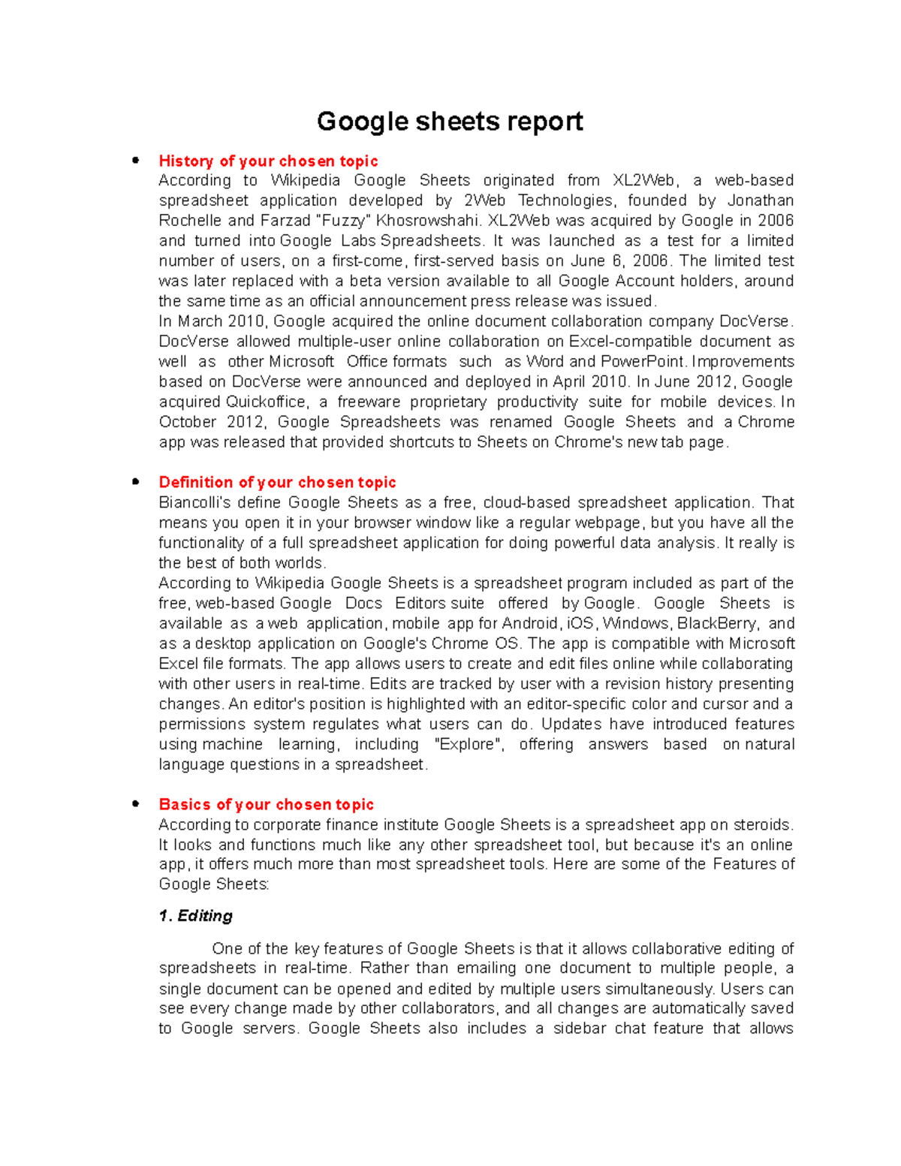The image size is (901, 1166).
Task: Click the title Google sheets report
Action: click(x=450, y=122)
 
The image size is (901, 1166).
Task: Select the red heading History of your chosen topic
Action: click(x=268, y=161)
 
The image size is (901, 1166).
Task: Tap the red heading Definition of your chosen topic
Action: click(x=277, y=482)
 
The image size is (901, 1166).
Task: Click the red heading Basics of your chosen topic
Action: click(x=266, y=804)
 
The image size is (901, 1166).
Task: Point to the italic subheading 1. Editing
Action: click(x=195, y=915)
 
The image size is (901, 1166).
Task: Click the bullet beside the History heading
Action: click(x=135, y=160)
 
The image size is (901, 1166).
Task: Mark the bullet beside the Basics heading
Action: click(x=135, y=803)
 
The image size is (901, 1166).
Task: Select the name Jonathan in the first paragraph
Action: click(x=761, y=200)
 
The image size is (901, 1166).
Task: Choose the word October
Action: click(x=186, y=422)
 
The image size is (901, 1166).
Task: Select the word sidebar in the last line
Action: click(x=579, y=1029)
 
